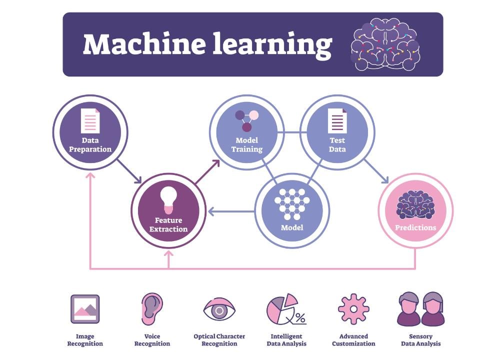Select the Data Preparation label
pyautogui.click(x=90, y=145)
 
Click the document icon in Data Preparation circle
pyautogui.click(x=90, y=121)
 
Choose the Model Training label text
pyautogui.click(x=247, y=145)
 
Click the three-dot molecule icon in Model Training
pyautogui.click(x=246, y=120)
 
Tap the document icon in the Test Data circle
pyautogui.click(x=337, y=121)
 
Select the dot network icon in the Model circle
pyautogui.click(x=292, y=204)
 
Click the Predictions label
pyautogui.click(x=415, y=227)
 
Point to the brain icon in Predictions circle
pyautogui.click(x=415, y=204)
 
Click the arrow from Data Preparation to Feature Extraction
pyautogui.click(x=129, y=171)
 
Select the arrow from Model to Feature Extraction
pyautogui.click(x=231, y=212)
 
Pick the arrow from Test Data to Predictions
pyautogui.click(x=376, y=171)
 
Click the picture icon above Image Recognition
pyautogui.click(x=85, y=308)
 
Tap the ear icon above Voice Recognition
pyautogui.click(x=151, y=308)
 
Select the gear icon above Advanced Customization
pyautogui.click(x=353, y=309)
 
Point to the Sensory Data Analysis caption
pyautogui.click(x=420, y=340)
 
